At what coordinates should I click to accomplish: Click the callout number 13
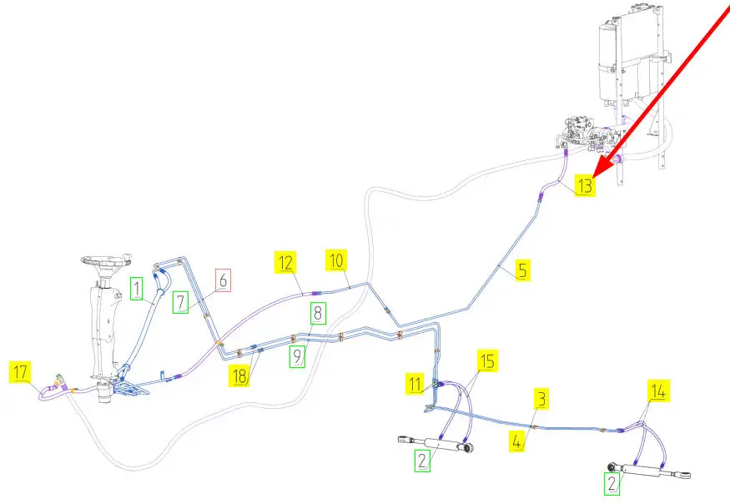click(586, 185)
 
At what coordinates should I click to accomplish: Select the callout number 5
click(521, 270)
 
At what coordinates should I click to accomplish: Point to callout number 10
click(336, 260)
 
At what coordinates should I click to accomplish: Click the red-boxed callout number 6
click(223, 280)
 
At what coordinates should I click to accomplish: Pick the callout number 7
click(181, 301)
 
